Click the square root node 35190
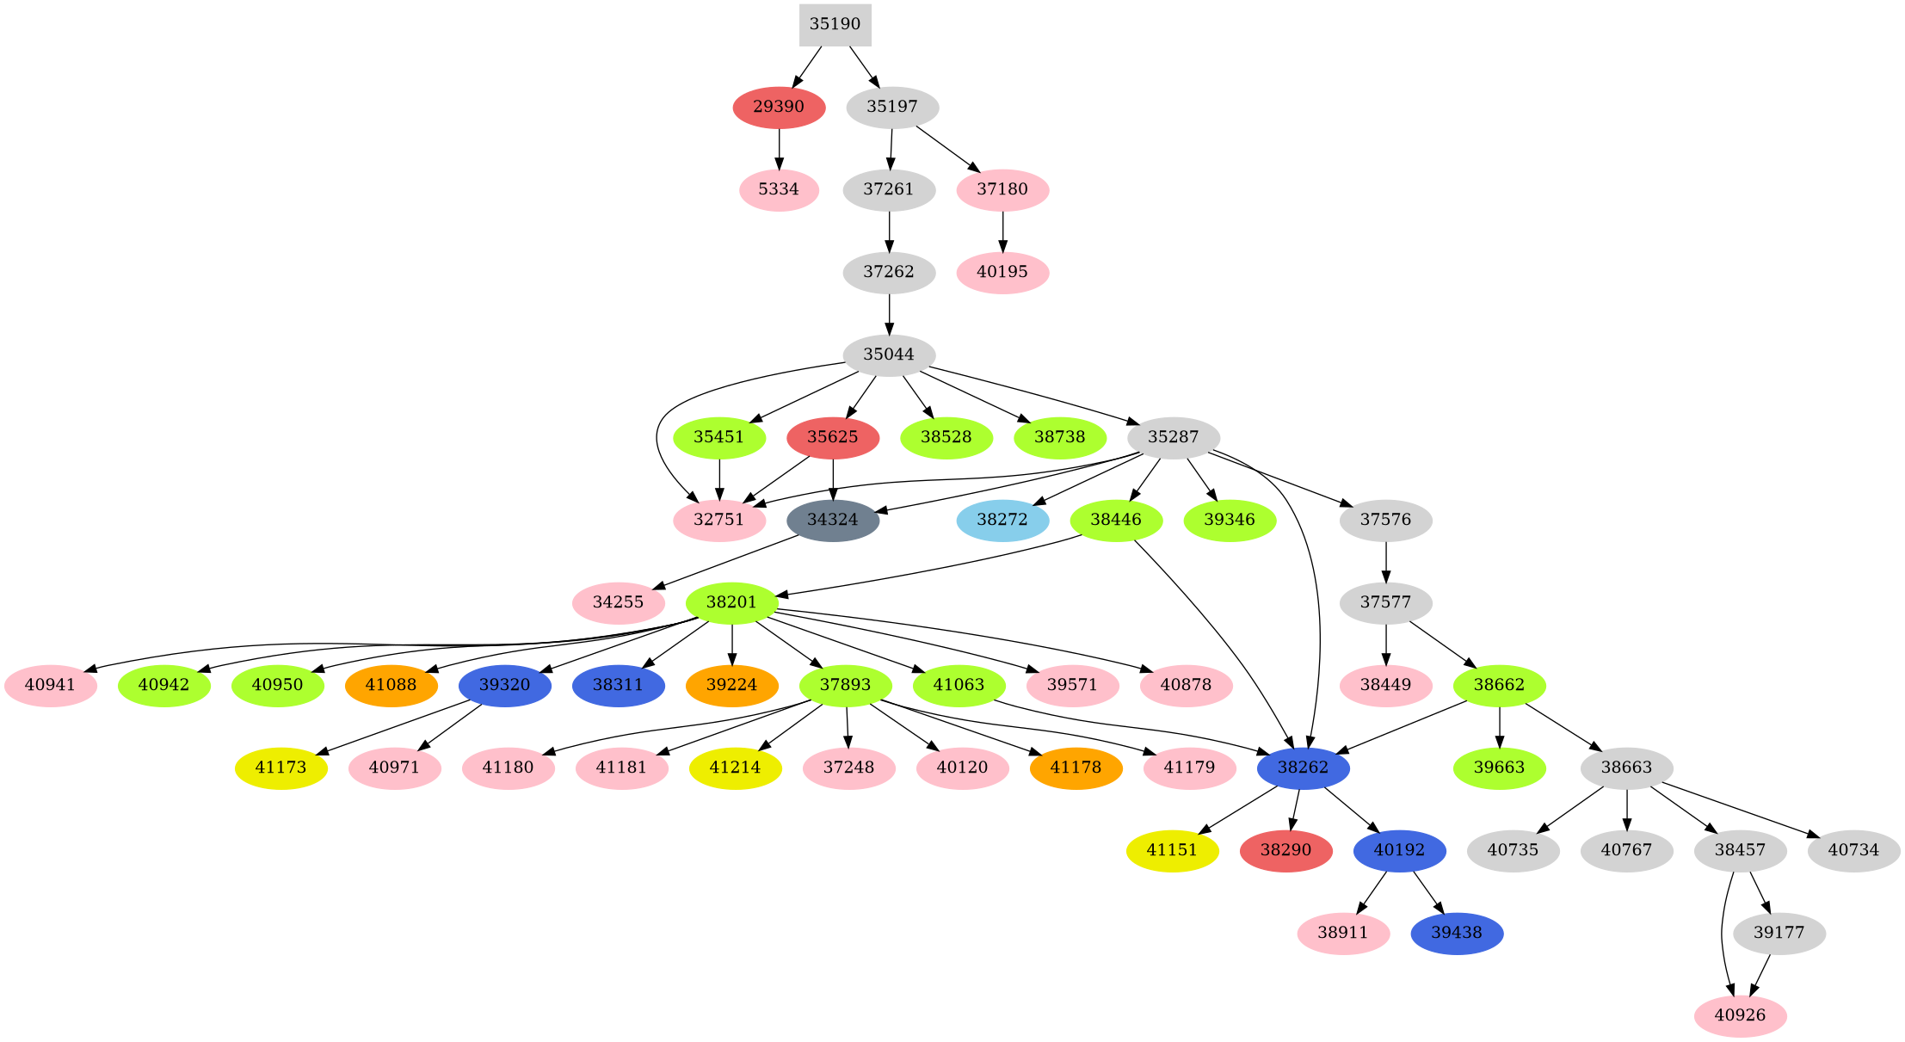click(835, 24)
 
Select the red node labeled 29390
click(779, 107)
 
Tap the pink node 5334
click(779, 189)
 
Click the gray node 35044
click(889, 355)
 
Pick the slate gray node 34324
click(833, 520)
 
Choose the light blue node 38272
click(1002, 520)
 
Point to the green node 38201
click(731, 602)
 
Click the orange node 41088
click(391, 685)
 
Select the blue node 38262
click(1303, 768)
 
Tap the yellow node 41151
click(1172, 850)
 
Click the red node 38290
click(1285, 850)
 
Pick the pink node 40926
click(1740, 1015)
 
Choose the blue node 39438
click(1457, 933)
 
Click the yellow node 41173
click(281, 768)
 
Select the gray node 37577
click(1385, 602)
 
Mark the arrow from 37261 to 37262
click(889, 231)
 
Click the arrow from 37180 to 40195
click(1002, 231)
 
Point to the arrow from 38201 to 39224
click(731, 644)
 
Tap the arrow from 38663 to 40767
click(1626, 809)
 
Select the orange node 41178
click(1076, 768)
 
